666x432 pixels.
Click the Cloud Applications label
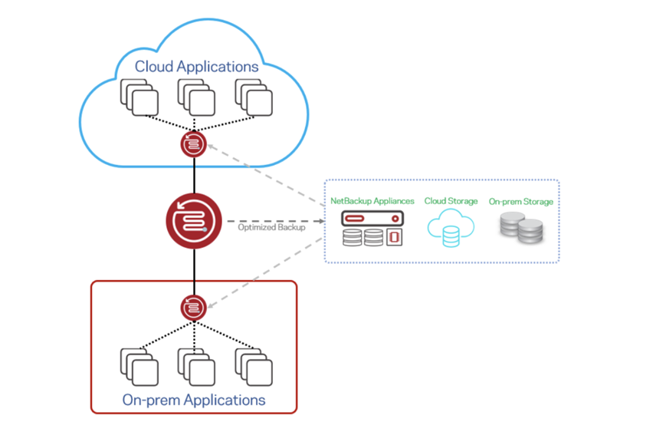[197, 67]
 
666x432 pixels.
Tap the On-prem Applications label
[193, 400]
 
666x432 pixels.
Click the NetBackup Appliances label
[372, 201]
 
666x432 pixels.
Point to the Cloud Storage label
[451, 201]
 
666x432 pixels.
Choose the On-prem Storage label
[521, 201]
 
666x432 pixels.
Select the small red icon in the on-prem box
[192, 308]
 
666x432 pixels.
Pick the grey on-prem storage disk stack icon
[520, 229]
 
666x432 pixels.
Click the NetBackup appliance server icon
[372, 229]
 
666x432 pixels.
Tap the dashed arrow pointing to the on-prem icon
[264, 272]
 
